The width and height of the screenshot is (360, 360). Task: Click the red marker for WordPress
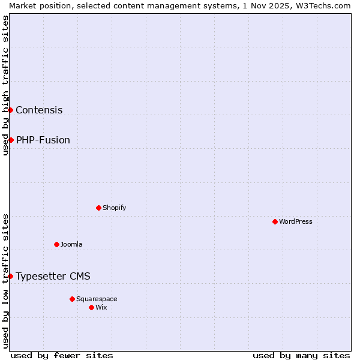coord(275,221)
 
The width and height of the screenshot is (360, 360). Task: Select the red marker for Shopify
coord(98,208)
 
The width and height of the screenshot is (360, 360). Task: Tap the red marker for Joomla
coord(56,244)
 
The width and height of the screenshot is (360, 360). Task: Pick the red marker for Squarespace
coord(72,299)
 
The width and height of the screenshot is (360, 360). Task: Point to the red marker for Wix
coord(91,307)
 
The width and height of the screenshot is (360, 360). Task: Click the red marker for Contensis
coord(10,110)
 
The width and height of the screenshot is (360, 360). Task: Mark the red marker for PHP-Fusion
coord(11,140)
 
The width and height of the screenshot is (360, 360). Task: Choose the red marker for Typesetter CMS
coord(10,276)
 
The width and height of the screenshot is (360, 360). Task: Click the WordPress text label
coord(296,221)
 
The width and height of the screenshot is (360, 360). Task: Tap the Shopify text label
coord(114,208)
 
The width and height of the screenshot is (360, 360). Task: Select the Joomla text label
coord(71,244)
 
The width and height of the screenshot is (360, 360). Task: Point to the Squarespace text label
coord(97,299)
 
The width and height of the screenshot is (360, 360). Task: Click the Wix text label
coord(101,307)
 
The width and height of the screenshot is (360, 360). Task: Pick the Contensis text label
coord(39,110)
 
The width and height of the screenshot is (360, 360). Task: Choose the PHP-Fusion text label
coord(43,140)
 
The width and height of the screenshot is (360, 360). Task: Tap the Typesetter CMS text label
coord(53,276)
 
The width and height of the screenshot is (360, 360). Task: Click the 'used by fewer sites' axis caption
coord(62,355)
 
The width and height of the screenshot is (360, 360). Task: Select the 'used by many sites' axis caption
coord(301,355)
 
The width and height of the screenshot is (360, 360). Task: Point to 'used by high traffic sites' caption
coord(5,85)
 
